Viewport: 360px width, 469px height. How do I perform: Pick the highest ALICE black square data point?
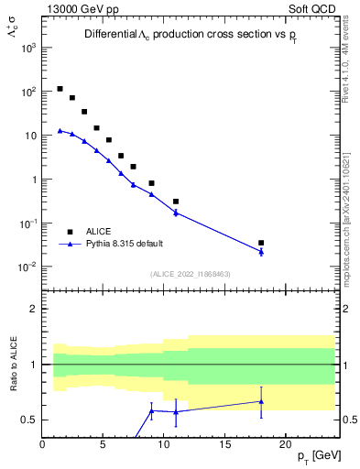[60, 89]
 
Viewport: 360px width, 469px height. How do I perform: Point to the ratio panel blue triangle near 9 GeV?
[152, 410]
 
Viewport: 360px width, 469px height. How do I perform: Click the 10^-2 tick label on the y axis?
[25, 267]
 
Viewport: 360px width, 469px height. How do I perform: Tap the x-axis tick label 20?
[285, 443]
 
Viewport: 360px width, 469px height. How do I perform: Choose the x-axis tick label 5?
[104, 443]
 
